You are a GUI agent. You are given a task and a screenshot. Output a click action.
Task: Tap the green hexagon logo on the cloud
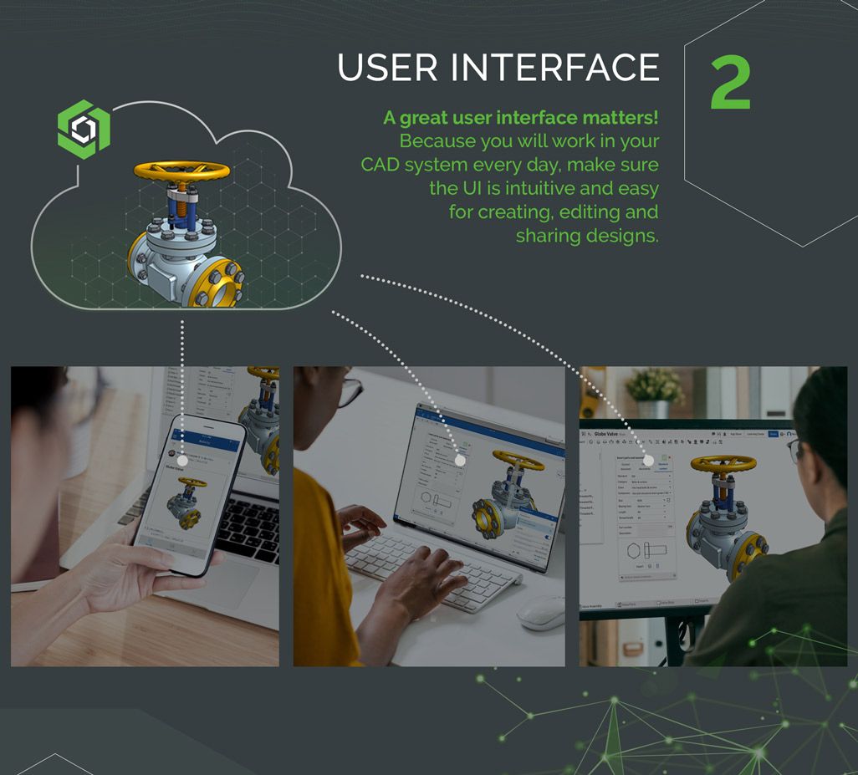[x=84, y=129]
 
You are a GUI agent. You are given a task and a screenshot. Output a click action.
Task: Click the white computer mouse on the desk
[x=541, y=612]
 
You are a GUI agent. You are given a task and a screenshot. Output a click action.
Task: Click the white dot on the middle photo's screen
[x=459, y=460]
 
